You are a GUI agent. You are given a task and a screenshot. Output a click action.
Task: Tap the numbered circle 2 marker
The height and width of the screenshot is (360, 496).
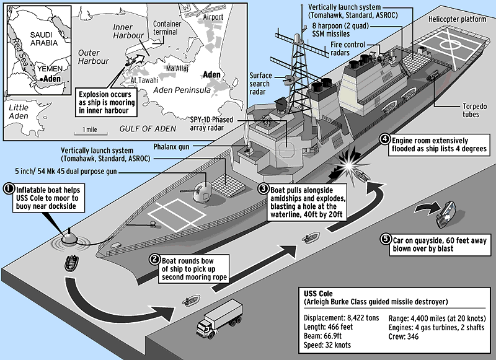pos(153,260)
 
